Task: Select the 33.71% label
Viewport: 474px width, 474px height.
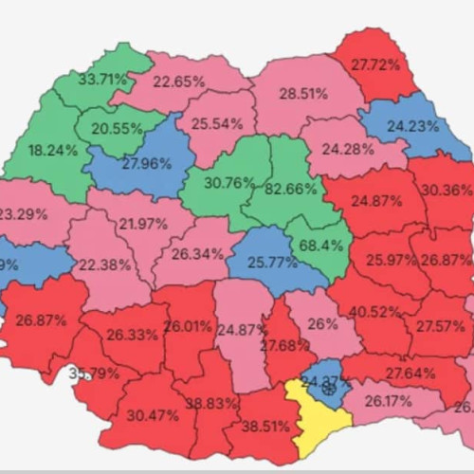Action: pyautogui.click(x=103, y=79)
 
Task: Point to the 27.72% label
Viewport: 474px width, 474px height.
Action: pyautogui.click(x=375, y=64)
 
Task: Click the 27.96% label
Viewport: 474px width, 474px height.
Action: pyautogui.click(x=145, y=163)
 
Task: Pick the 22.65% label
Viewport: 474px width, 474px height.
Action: pyautogui.click(x=178, y=81)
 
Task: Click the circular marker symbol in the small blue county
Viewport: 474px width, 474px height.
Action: pyautogui.click(x=328, y=387)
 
